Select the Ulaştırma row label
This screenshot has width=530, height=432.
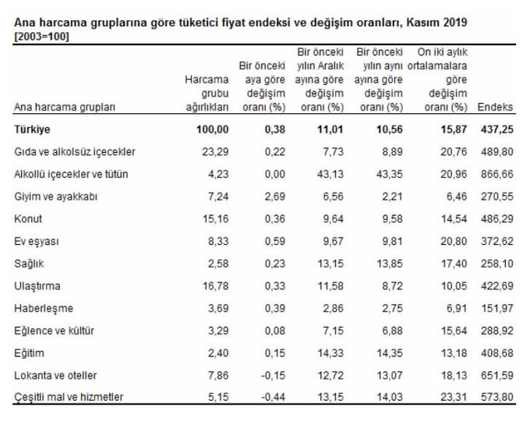click(x=37, y=285)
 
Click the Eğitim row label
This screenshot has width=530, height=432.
click(x=30, y=352)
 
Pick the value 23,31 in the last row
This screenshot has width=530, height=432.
click(x=452, y=398)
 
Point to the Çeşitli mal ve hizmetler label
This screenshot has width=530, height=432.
click(x=69, y=398)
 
